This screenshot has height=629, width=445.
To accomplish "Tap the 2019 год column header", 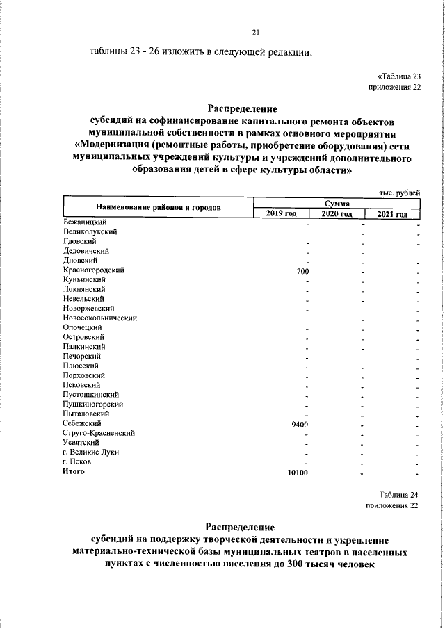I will pos(282,214).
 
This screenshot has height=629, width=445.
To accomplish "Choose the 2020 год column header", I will pos(337,214).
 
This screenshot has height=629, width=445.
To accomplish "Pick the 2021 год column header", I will pos(393,214).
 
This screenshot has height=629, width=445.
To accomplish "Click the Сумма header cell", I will pos(337,202).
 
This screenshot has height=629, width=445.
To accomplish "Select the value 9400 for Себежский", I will pos(299,424).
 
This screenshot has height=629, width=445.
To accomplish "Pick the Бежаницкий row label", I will pos(83,222).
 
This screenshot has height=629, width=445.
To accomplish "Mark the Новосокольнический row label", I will pos(99,318).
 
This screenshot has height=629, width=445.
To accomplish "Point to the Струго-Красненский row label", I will pos(98,433).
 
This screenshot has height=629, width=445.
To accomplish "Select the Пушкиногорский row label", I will pos(92,404).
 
